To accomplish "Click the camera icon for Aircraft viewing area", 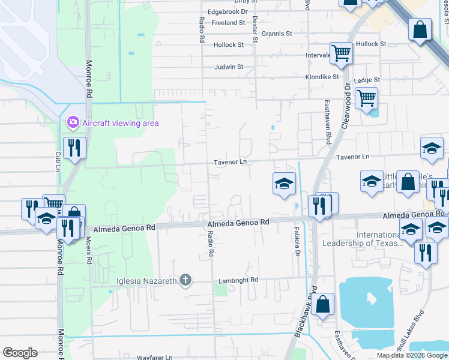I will tap(73, 123).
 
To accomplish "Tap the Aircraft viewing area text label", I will tap(121, 123).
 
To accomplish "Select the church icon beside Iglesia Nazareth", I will tap(185, 280).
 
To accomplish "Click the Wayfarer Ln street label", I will tap(154, 357).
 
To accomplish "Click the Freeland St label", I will tap(229, 23).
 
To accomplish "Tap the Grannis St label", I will tap(276, 34).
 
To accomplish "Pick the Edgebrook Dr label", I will tap(228, 11).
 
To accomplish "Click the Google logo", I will tap(20, 353).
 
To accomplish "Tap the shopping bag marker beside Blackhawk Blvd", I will tap(323, 305).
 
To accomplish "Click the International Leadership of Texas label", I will tap(364, 239).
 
